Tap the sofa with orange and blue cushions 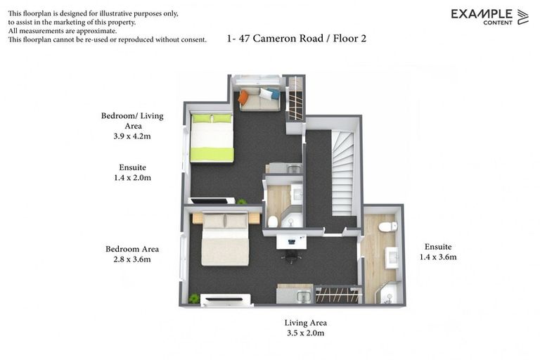(258, 98)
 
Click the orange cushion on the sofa (243, 98)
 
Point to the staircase (342, 173)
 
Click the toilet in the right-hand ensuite (387, 226)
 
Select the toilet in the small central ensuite (273, 221)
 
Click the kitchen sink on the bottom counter (303, 296)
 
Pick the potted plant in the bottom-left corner (194, 298)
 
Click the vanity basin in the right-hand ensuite (392, 257)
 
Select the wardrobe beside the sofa (295, 98)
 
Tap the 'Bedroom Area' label (131, 249)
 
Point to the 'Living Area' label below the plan (305, 323)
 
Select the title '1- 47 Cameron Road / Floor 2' (297, 39)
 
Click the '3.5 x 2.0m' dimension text (305, 333)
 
